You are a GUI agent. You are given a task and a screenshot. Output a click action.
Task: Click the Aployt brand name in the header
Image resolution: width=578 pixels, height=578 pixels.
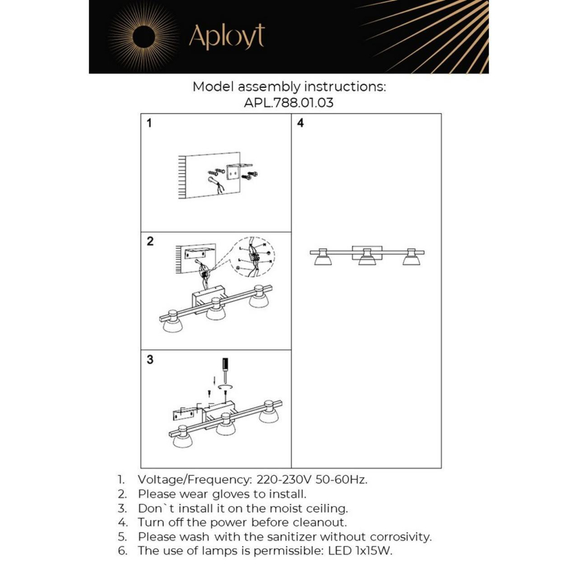coord(227,38)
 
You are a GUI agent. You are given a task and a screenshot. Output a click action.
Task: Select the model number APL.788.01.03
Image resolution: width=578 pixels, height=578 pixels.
coord(289,104)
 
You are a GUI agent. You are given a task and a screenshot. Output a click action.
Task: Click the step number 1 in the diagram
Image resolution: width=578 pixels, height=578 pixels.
coord(150,123)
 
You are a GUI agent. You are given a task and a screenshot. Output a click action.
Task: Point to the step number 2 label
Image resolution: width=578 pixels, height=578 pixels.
coord(150,242)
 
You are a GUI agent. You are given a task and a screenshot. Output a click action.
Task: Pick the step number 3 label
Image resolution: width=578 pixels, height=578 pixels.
coord(150,360)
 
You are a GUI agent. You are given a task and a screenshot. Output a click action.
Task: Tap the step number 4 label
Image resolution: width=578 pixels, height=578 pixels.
coord(301,123)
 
